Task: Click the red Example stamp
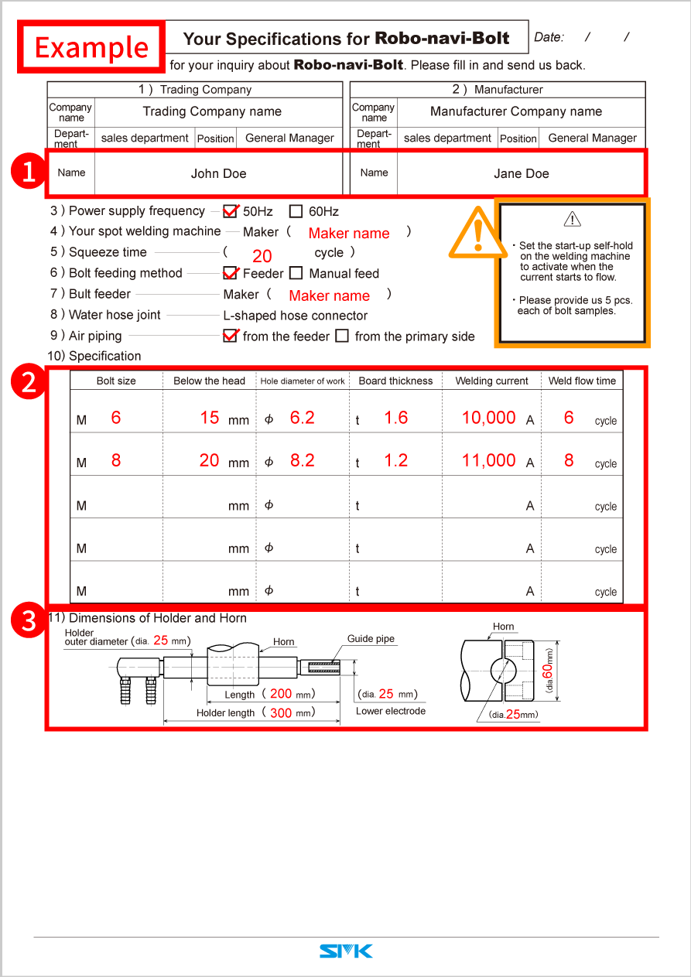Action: tap(91, 47)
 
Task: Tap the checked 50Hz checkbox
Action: tap(230, 211)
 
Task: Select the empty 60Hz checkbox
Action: tap(296, 211)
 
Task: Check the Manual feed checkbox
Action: tap(296, 273)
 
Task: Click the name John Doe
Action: tap(218, 173)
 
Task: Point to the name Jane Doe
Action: tap(521, 173)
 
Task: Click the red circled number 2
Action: tap(29, 381)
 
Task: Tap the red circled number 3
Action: tap(29, 621)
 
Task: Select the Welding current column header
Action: tap(491, 381)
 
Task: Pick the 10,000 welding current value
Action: tap(488, 418)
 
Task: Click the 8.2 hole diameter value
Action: tap(302, 460)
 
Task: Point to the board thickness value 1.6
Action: tap(395, 418)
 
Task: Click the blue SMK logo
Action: tap(346, 951)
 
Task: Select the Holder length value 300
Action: tap(281, 712)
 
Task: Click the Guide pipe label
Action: tap(371, 639)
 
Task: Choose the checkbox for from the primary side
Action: tap(342, 336)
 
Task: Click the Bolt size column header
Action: tap(116, 381)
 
